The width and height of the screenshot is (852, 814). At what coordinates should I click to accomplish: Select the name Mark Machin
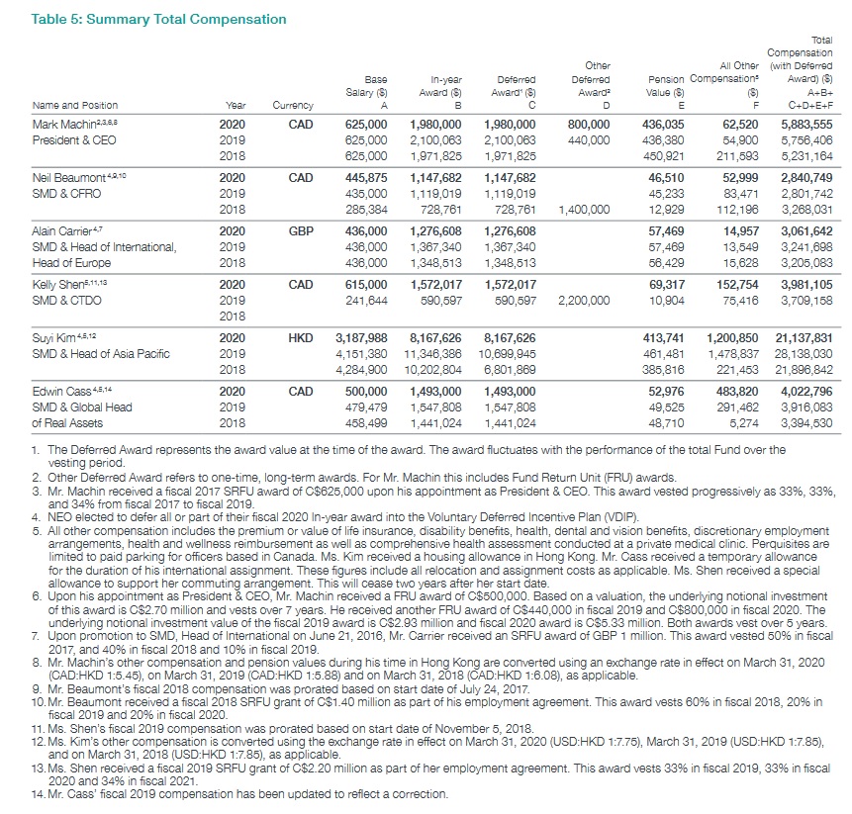[60, 125]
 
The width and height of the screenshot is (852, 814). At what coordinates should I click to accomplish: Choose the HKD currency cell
[300, 338]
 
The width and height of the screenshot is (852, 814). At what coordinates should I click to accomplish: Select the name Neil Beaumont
[66, 176]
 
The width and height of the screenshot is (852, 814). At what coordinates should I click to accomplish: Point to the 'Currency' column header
[293, 105]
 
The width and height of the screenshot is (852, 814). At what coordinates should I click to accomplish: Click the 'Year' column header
[235, 105]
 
